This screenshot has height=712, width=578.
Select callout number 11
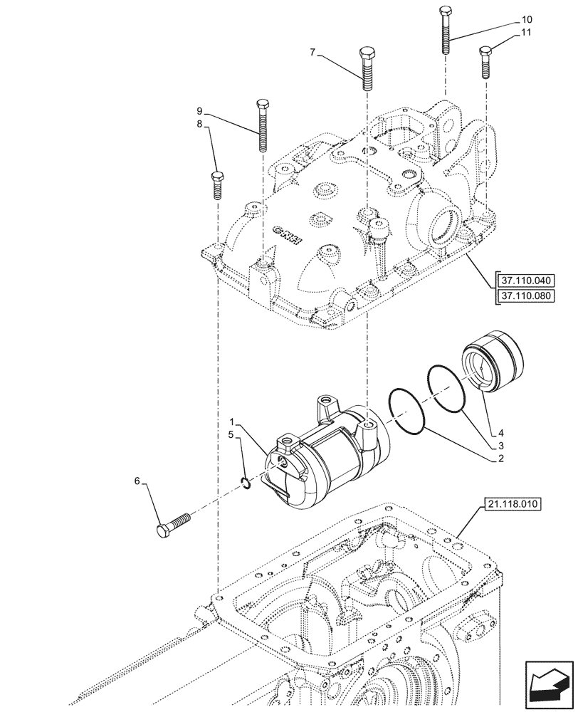pos(525,33)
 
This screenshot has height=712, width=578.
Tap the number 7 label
pos(312,51)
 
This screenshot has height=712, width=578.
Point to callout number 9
pos(200,110)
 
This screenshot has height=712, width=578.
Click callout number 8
pos(200,124)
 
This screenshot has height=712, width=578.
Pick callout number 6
pos(138,481)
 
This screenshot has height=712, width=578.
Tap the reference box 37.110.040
pos(525,279)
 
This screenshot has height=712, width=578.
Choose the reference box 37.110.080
pos(525,295)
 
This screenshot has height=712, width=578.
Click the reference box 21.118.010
pos(513,505)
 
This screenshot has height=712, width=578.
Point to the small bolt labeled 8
pos(218,187)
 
